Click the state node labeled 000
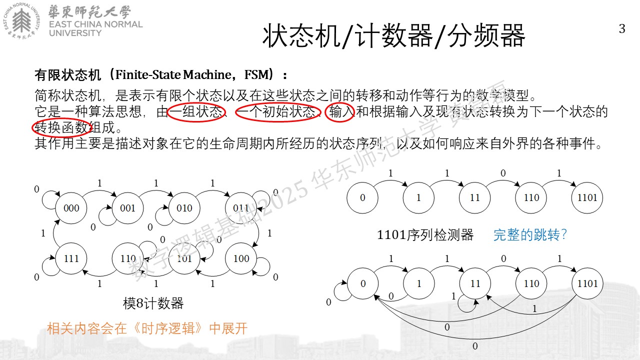click(x=71, y=208)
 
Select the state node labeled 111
click(x=71, y=258)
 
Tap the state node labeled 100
click(x=241, y=258)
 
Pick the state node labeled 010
click(x=184, y=208)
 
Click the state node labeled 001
click(x=127, y=208)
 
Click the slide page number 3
click(x=622, y=29)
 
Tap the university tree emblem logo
click(x=21, y=21)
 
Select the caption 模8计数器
click(x=153, y=303)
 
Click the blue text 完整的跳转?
click(x=530, y=235)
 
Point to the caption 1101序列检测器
click(x=425, y=235)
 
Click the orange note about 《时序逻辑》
click(x=147, y=328)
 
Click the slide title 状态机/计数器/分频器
click(x=393, y=36)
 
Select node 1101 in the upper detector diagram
click(x=587, y=197)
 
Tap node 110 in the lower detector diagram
click(x=531, y=283)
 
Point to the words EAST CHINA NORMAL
click(x=95, y=24)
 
